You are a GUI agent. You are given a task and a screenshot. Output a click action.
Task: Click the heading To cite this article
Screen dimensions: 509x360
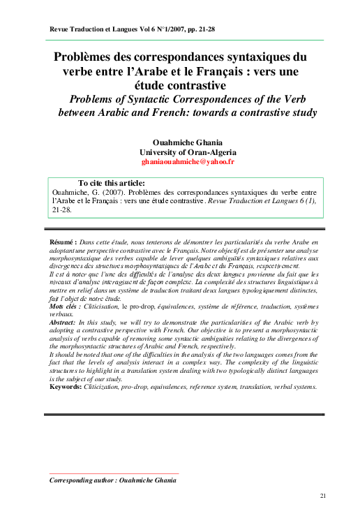pyautogui.click(x=112, y=183)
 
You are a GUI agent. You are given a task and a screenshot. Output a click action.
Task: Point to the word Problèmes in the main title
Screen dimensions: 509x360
pyautogui.click(x=95, y=56)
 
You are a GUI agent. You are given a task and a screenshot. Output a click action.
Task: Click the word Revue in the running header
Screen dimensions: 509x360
pyautogui.click(x=55, y=30)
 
